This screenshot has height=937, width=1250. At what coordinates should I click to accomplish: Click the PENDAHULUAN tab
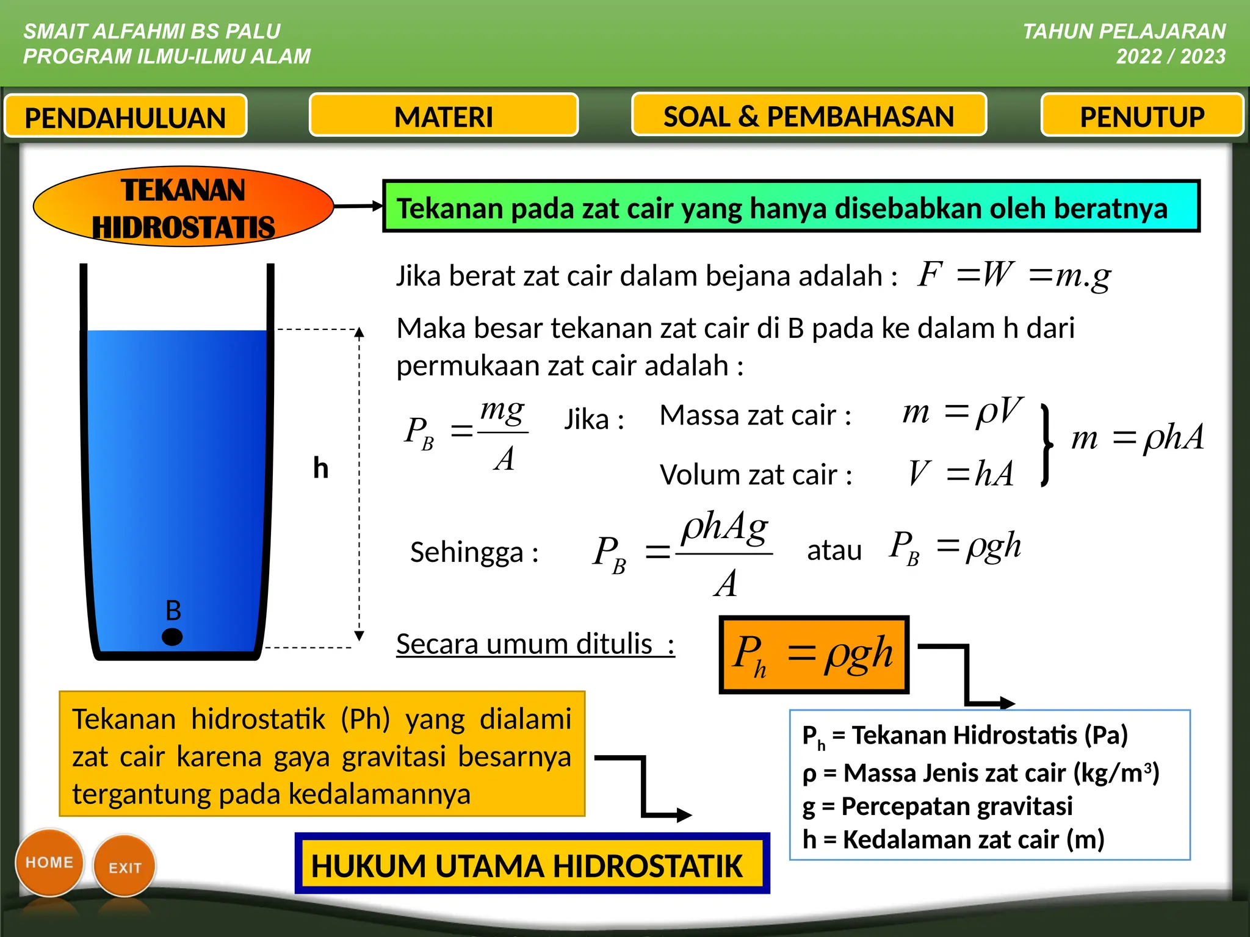[x=125, y=116]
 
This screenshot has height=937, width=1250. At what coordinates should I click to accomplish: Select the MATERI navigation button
[x=444, y=115]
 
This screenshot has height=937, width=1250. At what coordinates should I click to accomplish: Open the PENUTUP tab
[x=1142, y=115]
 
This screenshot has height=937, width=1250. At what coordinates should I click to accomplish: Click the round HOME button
[x=49, y=862]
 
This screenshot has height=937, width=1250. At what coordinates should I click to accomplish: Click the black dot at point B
[x=172, y=637]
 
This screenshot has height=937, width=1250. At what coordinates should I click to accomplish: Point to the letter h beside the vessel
[x=320, y=468]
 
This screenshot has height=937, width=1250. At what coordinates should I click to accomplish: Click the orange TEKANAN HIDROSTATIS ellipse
[x=183, y=207]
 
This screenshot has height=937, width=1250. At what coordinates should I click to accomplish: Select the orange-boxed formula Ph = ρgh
[x=814, y=655]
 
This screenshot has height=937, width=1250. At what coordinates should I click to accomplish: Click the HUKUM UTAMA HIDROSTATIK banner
[x=532, y=864]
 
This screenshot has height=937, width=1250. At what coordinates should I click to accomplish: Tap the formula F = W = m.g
[x=1014, y=275]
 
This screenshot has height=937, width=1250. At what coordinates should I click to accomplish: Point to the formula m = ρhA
[x=1137, y=437]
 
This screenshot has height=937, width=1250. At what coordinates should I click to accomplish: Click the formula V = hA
[x=960, y=473]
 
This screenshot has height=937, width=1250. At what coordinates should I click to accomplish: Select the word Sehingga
[x=466, y=552]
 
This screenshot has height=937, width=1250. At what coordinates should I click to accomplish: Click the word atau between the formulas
[x=834, y=550]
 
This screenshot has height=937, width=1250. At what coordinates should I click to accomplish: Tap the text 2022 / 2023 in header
[x=1170, y=56]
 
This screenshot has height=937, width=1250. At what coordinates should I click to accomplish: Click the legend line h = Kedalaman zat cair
[x=953, y=839]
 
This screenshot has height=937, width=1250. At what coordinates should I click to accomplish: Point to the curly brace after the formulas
[x=1046, y=445]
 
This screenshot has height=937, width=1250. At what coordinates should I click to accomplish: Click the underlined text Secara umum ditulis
[x=535, y=644]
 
